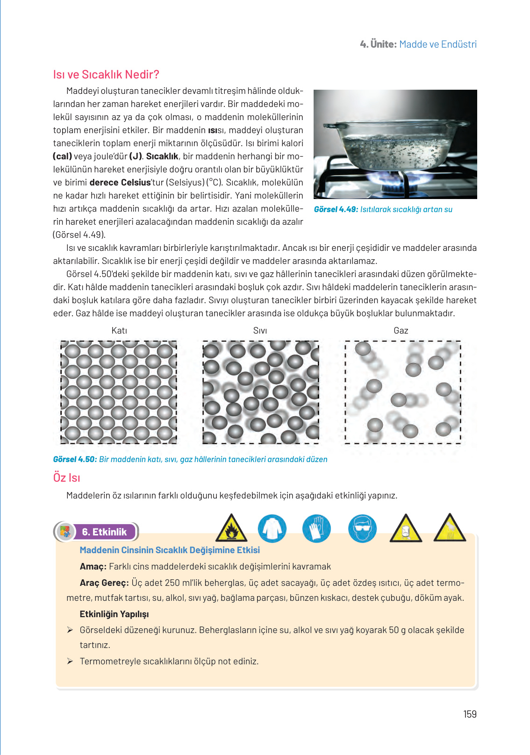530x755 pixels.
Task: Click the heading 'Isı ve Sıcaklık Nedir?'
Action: click(106, 74)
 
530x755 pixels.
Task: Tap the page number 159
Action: click(470, 714)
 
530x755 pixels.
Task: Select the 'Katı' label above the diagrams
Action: click(119, 330)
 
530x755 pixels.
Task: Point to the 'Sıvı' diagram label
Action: click(260, 330)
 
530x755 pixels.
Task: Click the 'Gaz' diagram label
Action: click(401, 330)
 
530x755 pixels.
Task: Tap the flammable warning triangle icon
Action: click(231, 528)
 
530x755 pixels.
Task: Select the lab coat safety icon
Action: click(272, 528)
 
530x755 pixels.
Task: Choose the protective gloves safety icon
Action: click(316, 528)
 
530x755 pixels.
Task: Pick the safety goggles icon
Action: click(362, 528)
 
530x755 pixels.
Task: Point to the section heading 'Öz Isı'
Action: click(66, 477)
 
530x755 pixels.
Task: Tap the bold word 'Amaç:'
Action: click(93, 566)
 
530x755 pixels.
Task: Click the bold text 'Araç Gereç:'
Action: click(104, 583)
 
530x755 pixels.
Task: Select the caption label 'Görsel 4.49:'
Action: click(336, 209)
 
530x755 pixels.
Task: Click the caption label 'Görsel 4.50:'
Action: click(75, 459)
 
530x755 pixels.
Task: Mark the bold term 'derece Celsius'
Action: click(120, 182)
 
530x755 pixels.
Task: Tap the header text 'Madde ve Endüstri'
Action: click(438, 44)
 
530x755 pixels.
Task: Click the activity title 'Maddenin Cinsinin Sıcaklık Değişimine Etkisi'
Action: click(170, 550)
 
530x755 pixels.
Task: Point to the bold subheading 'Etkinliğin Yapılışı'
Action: click(114, 614)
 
